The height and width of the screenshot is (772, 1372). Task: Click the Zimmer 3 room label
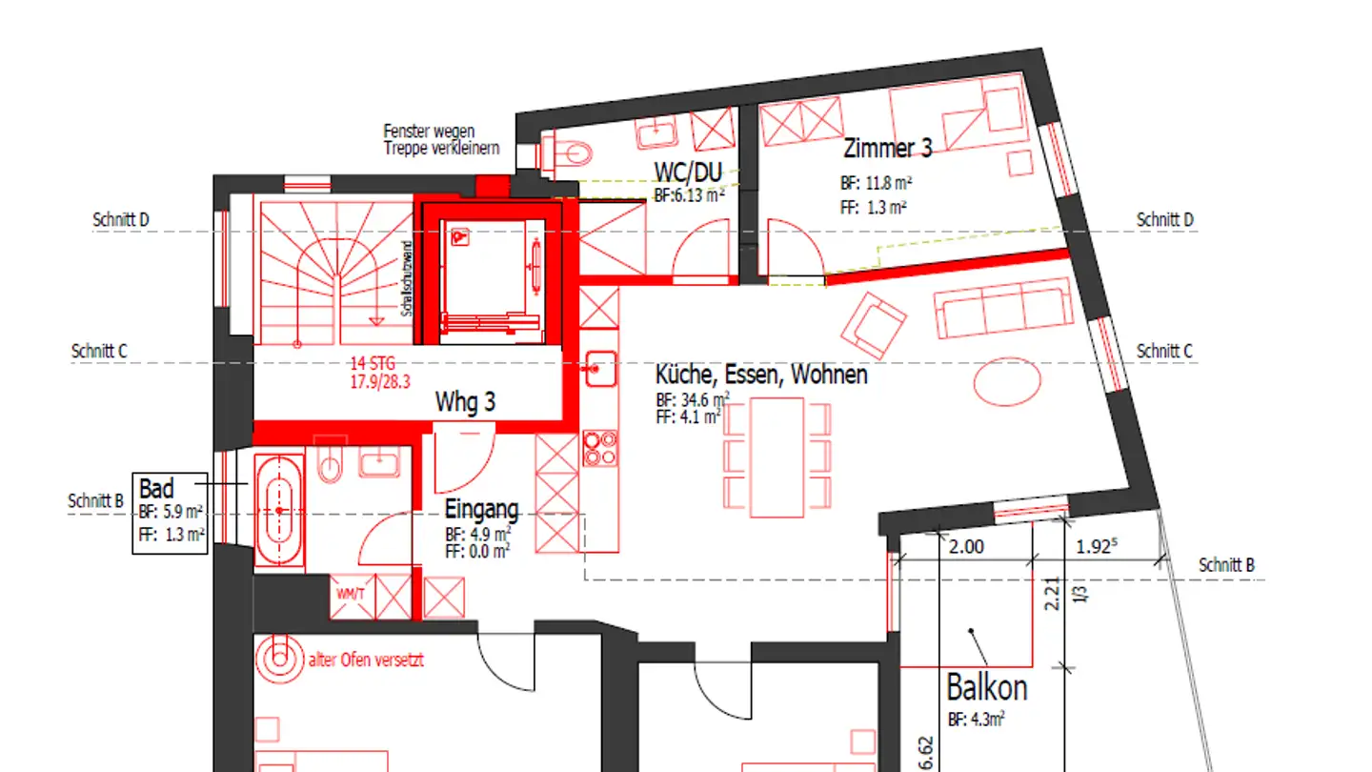pyautogui.click(x=887, y=149)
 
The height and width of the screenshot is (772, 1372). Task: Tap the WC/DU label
pyautogui.click(x=688, y=173)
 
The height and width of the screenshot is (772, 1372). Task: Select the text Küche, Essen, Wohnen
pyautogui.click(x=761, y=375)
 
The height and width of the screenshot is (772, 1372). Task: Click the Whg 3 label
pyautogui.click(x=465, y=402)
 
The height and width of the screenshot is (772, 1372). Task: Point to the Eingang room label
pyautogui.click(x=481, y=509)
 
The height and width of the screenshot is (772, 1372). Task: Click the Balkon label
pyautogui.click(x=986, y=687)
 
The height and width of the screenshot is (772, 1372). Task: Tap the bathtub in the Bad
pyautogui.click(x=279, y=511)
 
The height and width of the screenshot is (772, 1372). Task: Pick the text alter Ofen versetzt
pyautogui.click(x=365, y=660)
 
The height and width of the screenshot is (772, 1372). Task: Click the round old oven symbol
pyautogui.click(x=278, y=656)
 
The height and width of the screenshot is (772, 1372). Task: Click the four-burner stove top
pyautogui.click(x=599, y=448)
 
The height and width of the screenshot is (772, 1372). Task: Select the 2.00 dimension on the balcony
pyautogui.click(x=966, y=548)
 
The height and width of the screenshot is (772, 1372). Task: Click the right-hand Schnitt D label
pyautogui.click(x=1165, y=220)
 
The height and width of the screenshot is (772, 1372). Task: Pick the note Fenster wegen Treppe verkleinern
pyautogui.click(x=429, y=139)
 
